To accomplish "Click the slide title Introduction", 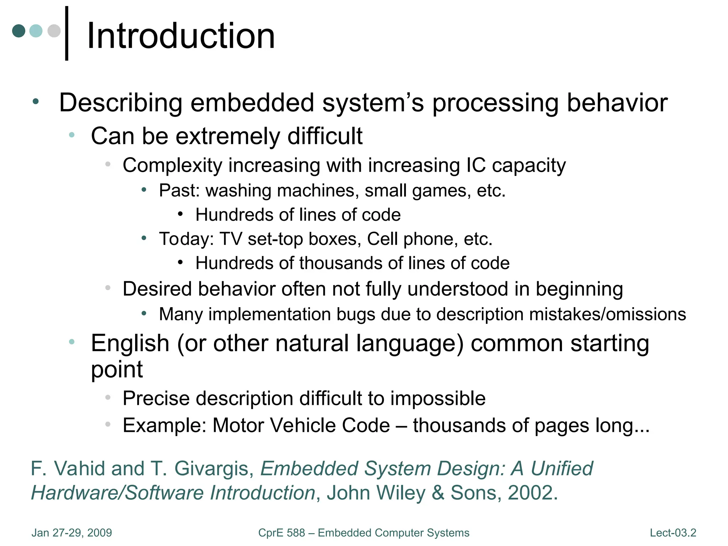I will [181, 36].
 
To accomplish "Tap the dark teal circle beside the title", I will [19, 31].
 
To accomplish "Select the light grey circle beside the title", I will [54, 31].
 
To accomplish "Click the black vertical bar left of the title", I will [66, 33].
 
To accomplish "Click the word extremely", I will [228, 136].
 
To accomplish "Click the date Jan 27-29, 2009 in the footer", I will [72, 533].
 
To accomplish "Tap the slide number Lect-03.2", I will [673, 533].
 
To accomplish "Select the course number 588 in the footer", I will [296, 533].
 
